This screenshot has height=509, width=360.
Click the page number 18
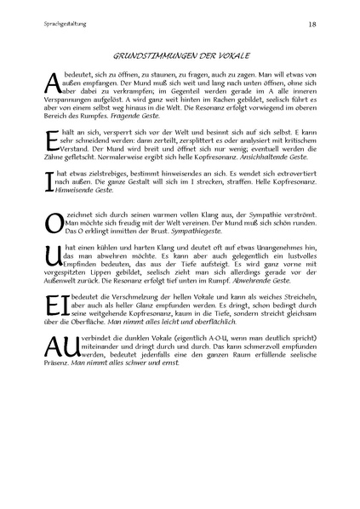pos(312,25)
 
